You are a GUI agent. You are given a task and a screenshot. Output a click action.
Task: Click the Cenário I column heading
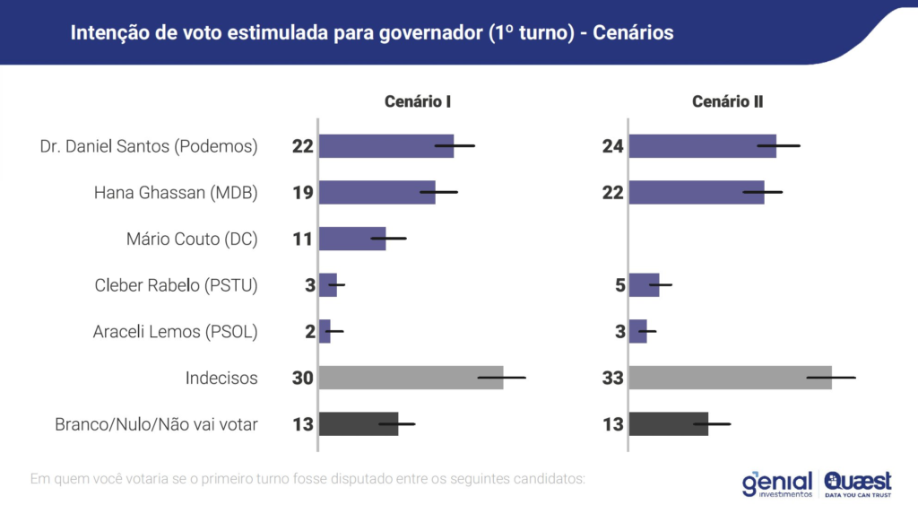coord(417,101)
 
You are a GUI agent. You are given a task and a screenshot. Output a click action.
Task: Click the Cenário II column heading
coord(727,101)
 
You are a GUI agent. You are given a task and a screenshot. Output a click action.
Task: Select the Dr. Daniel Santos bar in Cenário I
coord(386,145)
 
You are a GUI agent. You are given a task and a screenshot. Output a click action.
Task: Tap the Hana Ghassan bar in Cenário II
coord(697,192)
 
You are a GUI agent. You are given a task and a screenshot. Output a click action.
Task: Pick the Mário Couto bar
coord(352,239)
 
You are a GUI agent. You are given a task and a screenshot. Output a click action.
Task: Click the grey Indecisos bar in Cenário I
coord(411,378)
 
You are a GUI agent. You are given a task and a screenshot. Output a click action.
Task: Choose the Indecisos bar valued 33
coord(730,378)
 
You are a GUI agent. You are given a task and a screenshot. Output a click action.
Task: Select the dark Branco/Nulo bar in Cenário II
coord(668,424)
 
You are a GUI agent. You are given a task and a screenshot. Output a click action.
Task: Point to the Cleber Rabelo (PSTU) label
coord(176,285)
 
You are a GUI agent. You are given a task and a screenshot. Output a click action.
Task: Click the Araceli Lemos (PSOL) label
coord(175,332)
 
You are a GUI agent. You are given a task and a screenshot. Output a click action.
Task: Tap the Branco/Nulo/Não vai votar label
coord(156,424)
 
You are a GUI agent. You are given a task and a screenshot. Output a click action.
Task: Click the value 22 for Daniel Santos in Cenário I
coord(302,146)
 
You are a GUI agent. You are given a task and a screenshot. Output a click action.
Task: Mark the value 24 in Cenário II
coord(612,146)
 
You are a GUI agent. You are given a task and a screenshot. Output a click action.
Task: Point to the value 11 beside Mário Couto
coord(302,240)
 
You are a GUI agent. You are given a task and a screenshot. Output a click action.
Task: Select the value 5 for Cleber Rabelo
coord(618,285)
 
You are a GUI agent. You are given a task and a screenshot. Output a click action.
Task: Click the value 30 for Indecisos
coord(302,379)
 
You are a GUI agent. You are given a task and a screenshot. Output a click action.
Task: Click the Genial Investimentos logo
coord(776,484)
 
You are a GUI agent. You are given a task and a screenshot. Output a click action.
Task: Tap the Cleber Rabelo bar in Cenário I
coord(328,285)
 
